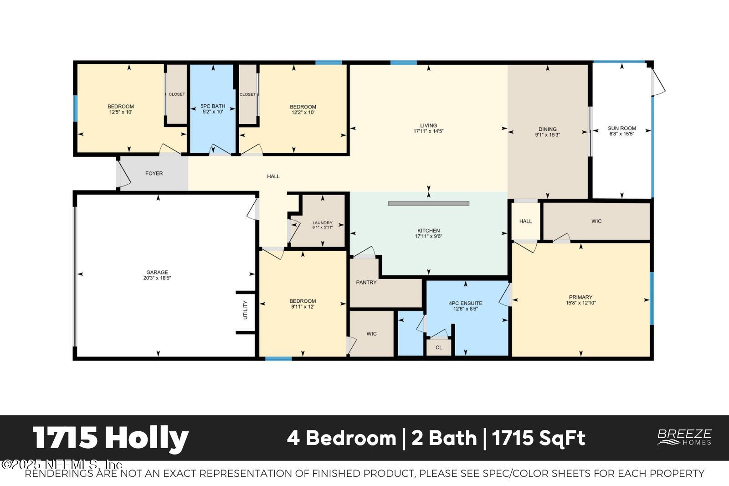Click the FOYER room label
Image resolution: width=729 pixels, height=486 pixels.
(154, 174)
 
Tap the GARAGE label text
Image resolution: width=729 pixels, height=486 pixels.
(157, 273)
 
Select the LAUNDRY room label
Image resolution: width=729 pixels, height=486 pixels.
(323, 223)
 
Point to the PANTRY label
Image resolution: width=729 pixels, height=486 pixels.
(366, 283)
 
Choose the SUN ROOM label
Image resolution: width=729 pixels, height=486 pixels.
(622, 129)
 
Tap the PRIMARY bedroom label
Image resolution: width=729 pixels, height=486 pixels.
(580, 298)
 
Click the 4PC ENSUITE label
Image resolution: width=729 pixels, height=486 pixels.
(465, 303)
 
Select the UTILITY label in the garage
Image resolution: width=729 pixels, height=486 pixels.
(245, 310)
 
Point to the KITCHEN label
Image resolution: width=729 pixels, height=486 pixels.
(429, 231)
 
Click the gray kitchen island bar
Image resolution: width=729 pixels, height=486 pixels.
(428, 203)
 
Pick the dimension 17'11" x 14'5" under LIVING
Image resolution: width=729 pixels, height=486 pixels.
(428, 131)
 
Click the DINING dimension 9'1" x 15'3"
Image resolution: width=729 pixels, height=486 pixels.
(547, 135)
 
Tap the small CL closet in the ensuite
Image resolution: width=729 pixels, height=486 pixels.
(439, 347)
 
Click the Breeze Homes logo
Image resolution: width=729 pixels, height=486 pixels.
(684, 437)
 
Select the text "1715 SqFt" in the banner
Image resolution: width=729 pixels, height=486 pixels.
(539, 438)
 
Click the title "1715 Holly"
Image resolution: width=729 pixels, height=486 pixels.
(111, 438)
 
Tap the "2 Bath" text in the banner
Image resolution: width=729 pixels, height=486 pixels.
(444, 438)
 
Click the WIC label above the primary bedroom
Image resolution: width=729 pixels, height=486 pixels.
(596, 222)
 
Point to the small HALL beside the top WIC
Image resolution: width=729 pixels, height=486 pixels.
(525, 222)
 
